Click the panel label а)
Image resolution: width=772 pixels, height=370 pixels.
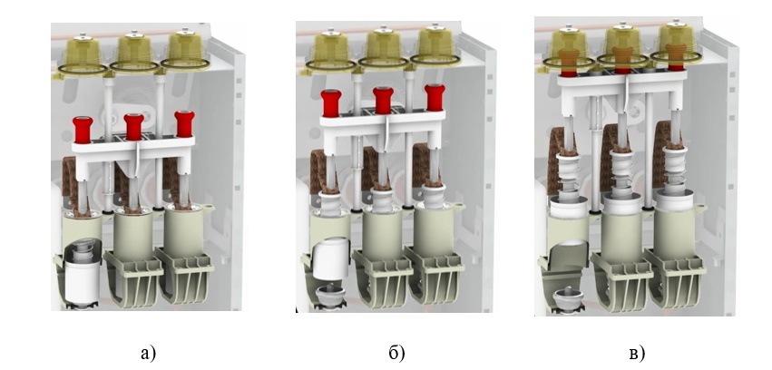[148, 353]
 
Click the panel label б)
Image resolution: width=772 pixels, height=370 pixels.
[396, 353]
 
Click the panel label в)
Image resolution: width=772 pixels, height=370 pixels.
[637, 353]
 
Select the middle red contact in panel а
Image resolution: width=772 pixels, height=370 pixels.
[133, 126]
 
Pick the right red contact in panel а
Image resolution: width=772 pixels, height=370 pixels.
[184, 124]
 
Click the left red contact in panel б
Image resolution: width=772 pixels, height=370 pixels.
[331, 103]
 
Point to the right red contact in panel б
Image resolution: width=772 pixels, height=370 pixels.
[435, 98]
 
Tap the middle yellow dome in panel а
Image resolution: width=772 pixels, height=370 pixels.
[134, 52]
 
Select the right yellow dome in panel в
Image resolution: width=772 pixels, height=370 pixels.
[677, 44]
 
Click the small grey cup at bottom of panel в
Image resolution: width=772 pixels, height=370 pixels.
[564, 299]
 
